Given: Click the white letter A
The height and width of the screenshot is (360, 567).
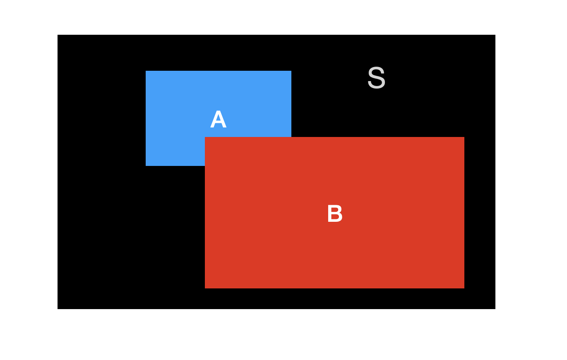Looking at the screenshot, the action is (218, 119).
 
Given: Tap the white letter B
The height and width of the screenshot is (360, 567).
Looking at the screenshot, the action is (335, 214).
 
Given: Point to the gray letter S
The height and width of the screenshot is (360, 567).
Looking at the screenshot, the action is (376, 77).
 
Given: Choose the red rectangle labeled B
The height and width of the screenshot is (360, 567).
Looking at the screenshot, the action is (334, 213).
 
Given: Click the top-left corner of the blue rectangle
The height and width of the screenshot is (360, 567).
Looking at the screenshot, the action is (146, 71).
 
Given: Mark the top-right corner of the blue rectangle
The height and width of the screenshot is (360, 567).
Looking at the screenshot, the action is (291, 71).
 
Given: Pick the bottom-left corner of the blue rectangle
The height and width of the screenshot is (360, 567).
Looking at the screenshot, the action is (146, 166).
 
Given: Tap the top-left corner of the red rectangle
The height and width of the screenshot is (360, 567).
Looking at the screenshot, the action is (205, 137).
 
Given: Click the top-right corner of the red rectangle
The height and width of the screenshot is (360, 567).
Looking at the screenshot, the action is (464, 137).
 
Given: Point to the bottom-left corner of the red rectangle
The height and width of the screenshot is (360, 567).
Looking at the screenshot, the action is (205, 288).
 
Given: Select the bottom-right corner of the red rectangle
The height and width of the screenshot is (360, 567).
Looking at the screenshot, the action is (464, 288).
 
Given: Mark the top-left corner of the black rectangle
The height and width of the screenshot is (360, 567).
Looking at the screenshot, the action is (58, 35).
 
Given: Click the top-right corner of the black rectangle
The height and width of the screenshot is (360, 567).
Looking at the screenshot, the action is (495, 35).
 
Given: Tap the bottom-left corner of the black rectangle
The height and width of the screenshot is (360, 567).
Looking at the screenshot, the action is (58, 309).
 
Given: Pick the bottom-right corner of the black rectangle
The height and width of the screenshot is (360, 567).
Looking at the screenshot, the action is (495, 309).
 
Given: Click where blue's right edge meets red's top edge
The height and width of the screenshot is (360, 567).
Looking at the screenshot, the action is (291, 137).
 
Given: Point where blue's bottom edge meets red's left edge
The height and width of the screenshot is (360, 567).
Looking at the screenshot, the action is (205, 166).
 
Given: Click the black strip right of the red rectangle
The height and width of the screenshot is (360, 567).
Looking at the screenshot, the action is (480, 213).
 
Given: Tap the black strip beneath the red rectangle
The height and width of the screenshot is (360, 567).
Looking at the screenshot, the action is (334, 299).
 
